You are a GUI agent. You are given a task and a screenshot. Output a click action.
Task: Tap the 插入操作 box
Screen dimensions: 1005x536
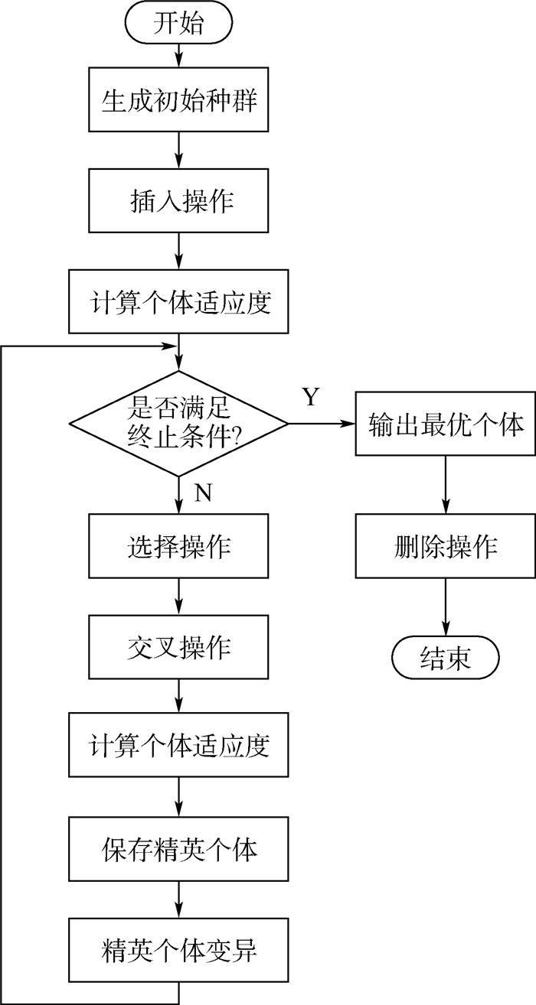point(179,201)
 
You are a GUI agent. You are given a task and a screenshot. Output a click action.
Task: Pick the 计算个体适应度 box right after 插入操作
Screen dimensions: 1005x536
point(179,301)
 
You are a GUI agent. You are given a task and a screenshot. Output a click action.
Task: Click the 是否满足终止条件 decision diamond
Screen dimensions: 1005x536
point(179,422)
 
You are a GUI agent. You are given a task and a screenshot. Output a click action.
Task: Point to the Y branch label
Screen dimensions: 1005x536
point(310,397)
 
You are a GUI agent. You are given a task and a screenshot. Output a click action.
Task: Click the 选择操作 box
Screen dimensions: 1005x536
point(179,546)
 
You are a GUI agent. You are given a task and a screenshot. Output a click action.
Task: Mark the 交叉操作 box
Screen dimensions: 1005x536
point(179,646)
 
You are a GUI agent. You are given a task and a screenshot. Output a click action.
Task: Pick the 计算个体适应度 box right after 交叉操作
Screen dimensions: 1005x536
point(179,746)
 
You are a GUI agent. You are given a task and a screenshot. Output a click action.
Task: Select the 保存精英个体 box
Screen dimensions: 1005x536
point(179,848)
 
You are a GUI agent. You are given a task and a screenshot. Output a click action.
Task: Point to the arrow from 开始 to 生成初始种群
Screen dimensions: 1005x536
point(179,55)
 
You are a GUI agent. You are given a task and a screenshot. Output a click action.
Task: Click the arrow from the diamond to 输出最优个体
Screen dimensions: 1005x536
point(322,423)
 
